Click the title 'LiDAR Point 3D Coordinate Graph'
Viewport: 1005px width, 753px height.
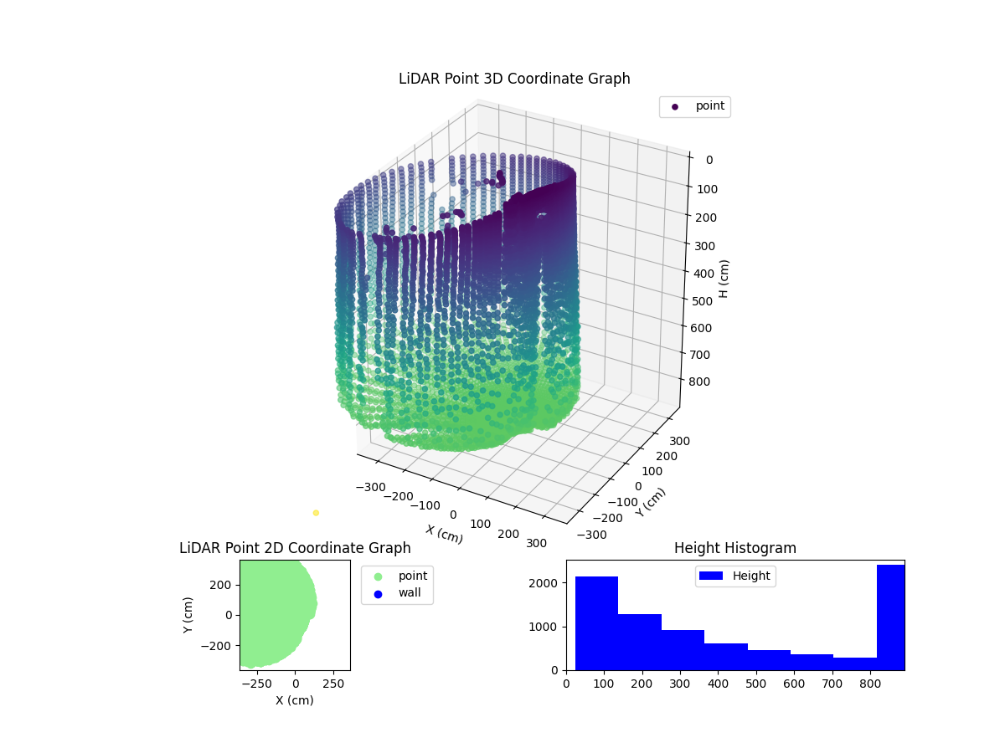(514, 79)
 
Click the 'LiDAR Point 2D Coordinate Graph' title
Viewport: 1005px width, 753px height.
(295, 548)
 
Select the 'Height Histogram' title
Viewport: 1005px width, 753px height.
(734, 548)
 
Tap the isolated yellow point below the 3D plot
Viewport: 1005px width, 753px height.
(316, 513)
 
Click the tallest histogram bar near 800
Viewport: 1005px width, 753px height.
(890, 617)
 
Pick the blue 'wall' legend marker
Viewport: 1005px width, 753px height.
(378, 594)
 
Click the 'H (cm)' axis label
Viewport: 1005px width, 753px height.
(724, 279)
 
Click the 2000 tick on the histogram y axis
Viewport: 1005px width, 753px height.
(550, 582)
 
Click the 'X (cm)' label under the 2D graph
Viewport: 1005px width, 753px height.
(295, 700)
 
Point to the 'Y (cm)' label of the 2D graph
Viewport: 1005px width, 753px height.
(188, 615)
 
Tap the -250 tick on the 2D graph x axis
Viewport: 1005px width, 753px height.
(256, 683)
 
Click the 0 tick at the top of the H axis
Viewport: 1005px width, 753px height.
(708, 160)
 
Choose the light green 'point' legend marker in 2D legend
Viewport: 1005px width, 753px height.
(378, 576)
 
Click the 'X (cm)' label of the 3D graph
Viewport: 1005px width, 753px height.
(444, 534)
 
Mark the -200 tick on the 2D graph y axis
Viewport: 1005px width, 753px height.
(219, 646)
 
